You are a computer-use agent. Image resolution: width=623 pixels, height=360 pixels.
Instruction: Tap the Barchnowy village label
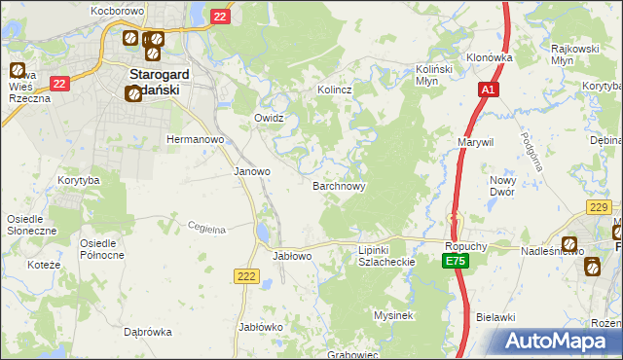[x=339, y=185]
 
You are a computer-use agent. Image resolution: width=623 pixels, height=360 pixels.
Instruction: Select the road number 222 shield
[x=246, y=277]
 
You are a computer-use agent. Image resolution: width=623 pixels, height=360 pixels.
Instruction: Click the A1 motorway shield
[x=489, y=90]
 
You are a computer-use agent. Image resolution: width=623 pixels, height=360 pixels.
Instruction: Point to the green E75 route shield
[x=454, y=263]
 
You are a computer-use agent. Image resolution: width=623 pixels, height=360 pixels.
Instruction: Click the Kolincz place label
[x=334, y=90]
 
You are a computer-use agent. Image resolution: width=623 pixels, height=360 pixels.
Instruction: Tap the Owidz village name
[x=269, y=118]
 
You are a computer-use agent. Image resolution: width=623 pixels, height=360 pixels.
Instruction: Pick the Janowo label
[x=252, y=171]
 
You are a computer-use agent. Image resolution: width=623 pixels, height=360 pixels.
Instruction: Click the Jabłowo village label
[x=291, y=256]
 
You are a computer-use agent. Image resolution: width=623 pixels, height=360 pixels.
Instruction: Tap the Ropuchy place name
[x=465, y=247]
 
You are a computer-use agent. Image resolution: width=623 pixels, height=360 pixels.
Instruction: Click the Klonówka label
[x=489, y=57]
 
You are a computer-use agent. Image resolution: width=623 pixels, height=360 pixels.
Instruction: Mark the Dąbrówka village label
[x=149, y=332]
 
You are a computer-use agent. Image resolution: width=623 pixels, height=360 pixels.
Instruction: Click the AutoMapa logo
[x=556, y=342]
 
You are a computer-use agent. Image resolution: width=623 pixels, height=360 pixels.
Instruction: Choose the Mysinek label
[x=394, y=316]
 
